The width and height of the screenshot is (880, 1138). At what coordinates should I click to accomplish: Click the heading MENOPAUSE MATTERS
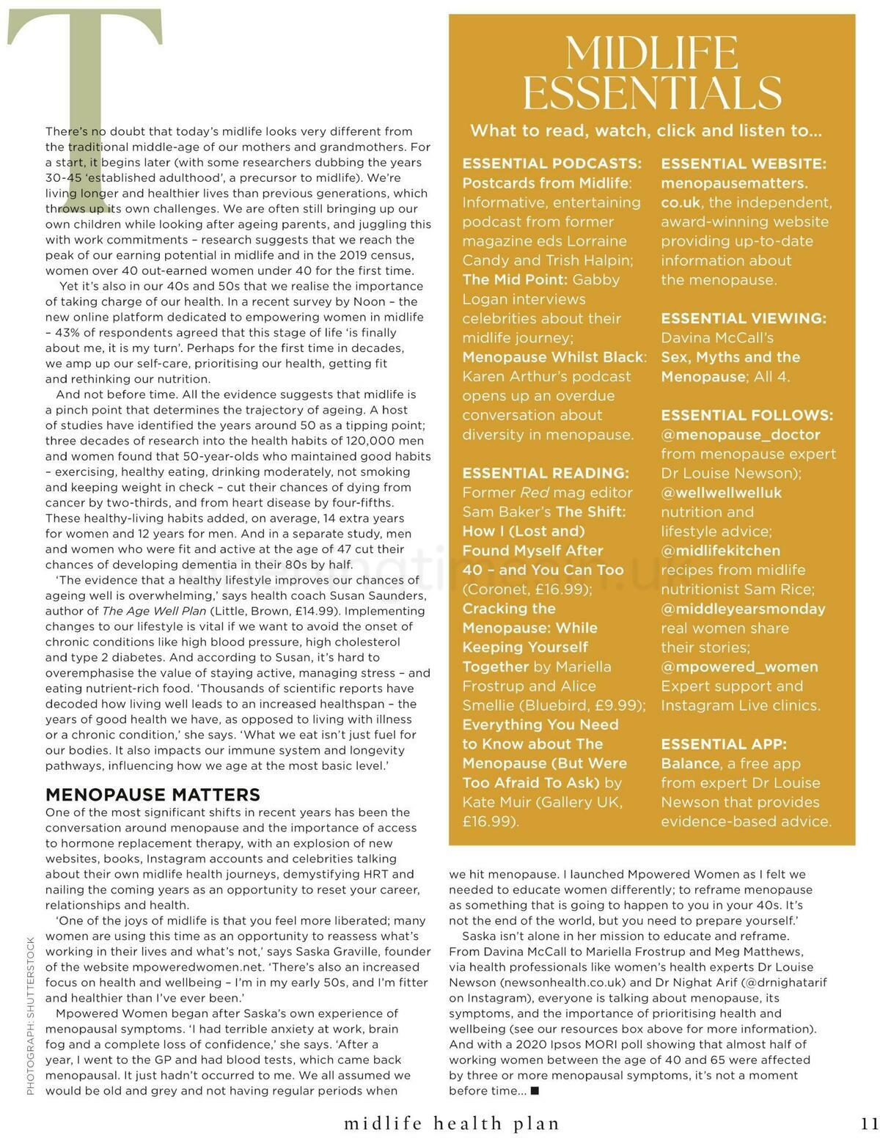[x=153, y=795]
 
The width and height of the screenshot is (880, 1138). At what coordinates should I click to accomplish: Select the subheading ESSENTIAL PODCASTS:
[x=551, y=164]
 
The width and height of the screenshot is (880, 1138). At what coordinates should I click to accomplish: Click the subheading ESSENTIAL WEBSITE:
[x=744, y=164]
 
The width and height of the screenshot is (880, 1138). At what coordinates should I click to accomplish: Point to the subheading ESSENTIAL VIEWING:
[x=744, y=318]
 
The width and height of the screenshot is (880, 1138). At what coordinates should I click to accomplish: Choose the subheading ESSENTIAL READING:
[x=546, y=473]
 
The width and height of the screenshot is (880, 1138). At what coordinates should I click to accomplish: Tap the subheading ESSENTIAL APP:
[x=724, y=744]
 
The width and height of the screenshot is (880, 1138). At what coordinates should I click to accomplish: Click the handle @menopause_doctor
[x=741, y=435]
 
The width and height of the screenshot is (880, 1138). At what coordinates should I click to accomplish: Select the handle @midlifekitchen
[x=720, y=551]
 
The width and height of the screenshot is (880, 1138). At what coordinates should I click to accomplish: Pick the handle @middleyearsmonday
[x=743, y=609]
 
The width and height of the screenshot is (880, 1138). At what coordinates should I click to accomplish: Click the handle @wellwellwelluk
[x=722, y=493]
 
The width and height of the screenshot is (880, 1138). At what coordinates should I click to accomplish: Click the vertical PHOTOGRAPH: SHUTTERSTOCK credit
[x=30, y=1016]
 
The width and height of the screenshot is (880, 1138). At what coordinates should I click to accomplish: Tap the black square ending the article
[x=535, y=1091]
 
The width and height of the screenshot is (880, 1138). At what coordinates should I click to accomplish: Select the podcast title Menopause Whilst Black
[x=554, y=357]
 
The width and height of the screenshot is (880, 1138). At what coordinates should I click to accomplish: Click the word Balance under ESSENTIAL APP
[x=690, y=763]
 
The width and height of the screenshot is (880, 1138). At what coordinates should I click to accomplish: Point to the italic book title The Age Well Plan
[x=154, y=611]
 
